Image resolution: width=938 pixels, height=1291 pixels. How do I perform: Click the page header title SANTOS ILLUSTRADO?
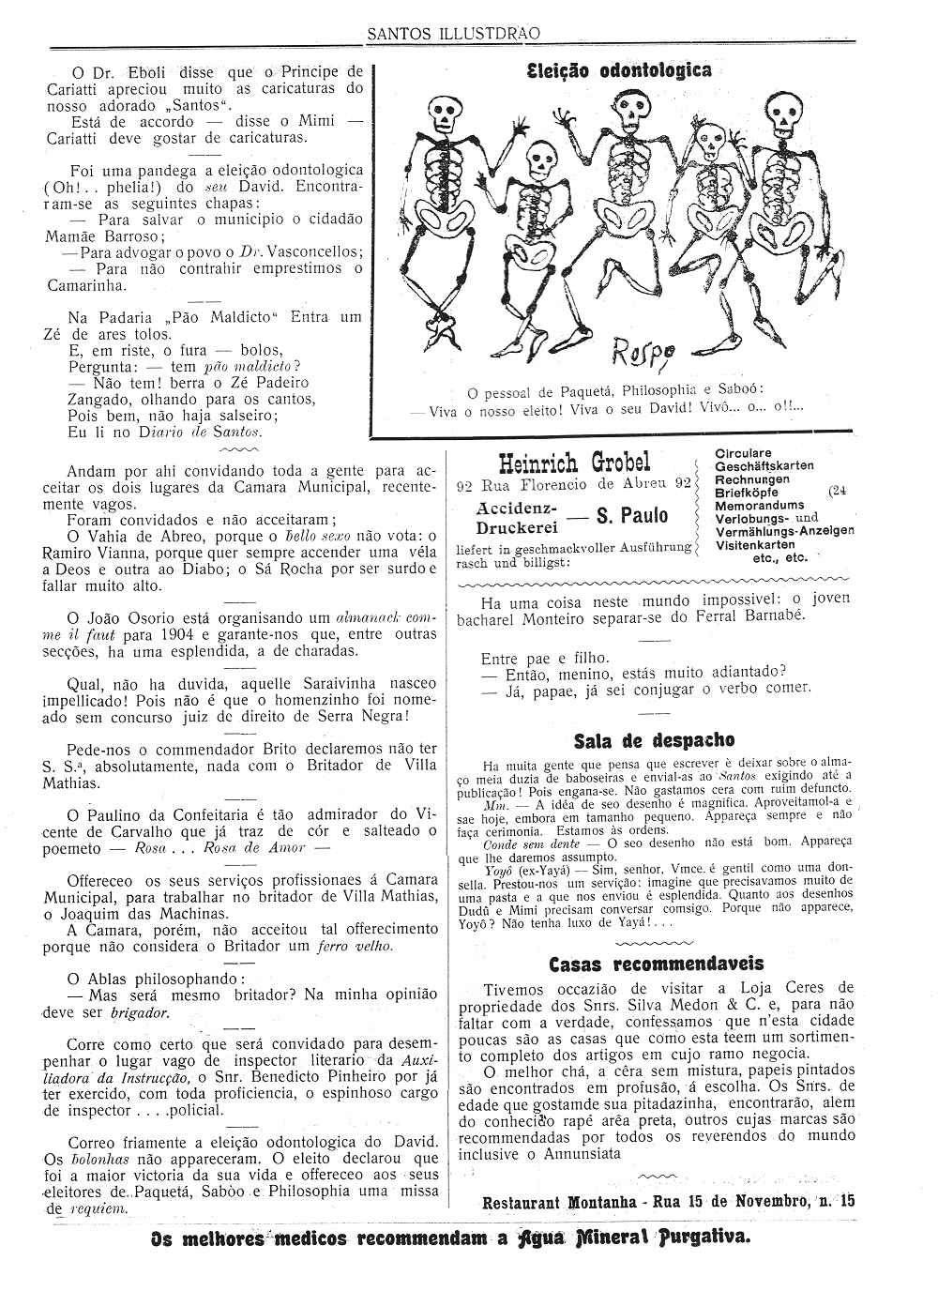pos(452,34)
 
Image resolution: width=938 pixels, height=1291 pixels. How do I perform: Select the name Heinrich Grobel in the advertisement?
pos(574,463)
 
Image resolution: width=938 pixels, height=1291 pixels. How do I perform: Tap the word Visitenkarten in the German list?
pos(754,544)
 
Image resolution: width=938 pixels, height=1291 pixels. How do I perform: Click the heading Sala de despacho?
pos(654,741)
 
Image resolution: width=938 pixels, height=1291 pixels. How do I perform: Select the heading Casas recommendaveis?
pos(656,964)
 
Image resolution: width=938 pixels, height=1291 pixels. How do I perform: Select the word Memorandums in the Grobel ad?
pos(759,505)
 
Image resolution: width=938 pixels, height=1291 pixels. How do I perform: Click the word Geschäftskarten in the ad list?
pos(764,466)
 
